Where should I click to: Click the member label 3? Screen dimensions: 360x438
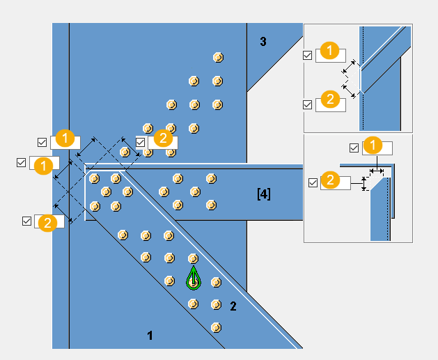(263, 42)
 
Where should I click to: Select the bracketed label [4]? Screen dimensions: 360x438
(264, 194)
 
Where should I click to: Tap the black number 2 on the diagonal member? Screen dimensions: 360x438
(233, 306)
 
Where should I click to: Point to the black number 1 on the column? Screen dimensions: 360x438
(150, 336)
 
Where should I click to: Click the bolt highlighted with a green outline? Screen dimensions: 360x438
(193, 280)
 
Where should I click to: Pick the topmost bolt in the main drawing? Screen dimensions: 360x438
(217, 57)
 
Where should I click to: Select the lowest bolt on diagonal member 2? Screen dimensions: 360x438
(217, 327)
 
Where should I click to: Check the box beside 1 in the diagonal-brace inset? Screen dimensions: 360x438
(308, 54)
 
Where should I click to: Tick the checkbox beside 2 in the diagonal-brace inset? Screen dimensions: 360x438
(308, 104)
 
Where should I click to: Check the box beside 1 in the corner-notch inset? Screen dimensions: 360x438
(354, 148)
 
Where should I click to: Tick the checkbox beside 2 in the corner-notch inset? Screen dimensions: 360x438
(313, 183)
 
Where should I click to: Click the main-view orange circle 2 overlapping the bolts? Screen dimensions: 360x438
(162, 138)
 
